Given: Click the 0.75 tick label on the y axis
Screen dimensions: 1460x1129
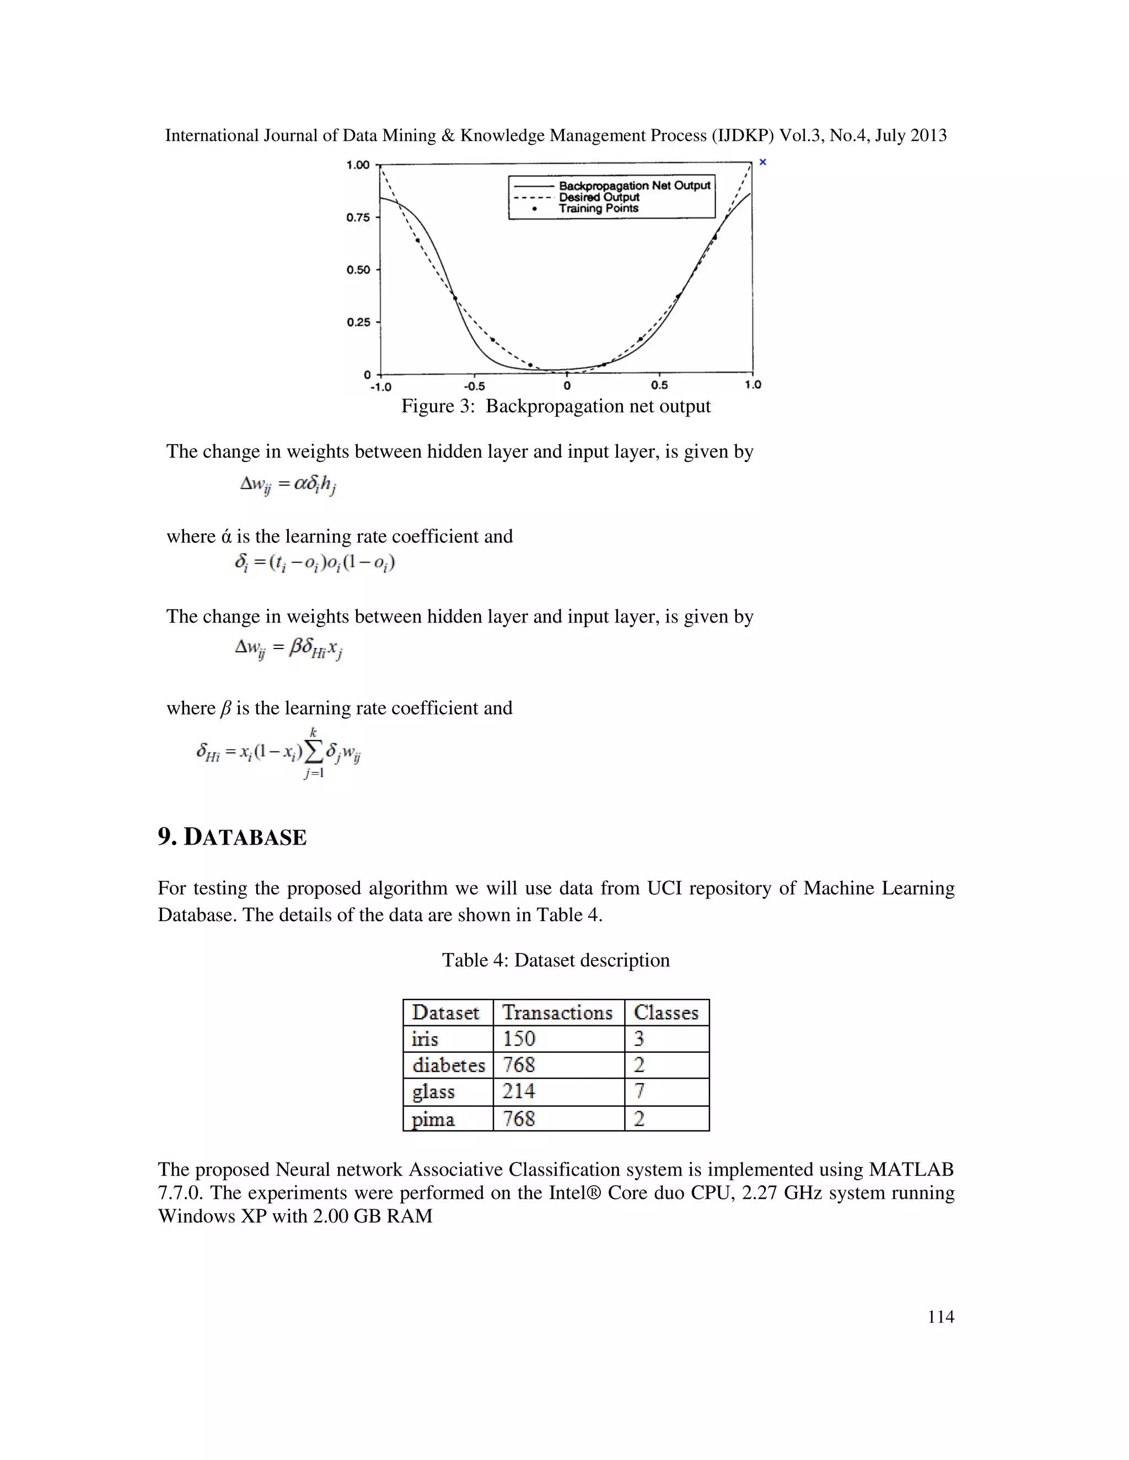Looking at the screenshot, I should pos(357,217).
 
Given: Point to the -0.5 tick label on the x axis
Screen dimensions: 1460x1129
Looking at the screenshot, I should pos(474,386).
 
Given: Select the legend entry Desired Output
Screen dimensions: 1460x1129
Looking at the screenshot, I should pos(599,197).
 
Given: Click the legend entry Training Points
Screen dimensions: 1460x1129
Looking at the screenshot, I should pos(598,209).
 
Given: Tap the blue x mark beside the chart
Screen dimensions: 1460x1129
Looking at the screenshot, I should pos(762,163).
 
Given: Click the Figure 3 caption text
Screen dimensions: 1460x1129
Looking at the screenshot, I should pos(555,407).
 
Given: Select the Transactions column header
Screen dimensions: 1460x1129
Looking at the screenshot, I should pos(557,1013).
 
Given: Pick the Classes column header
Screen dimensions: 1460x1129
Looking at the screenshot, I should pos(665,1013).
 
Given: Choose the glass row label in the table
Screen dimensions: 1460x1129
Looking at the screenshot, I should pos(433,1091).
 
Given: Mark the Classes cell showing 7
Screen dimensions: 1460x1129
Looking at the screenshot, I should pos(639,1091).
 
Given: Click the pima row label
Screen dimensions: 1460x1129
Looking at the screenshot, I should pos(433,1119).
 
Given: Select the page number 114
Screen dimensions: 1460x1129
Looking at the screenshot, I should pos(940,1317).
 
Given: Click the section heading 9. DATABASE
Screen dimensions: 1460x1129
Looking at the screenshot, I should pos(232,837).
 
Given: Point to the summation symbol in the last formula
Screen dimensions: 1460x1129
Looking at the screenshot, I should pos(313,753).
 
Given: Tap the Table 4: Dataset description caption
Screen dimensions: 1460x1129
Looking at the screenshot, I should pos(555,961).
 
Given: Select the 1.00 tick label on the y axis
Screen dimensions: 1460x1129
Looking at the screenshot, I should pos(357,165).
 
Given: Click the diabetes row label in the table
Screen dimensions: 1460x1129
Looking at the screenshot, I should pos(448,1065).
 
